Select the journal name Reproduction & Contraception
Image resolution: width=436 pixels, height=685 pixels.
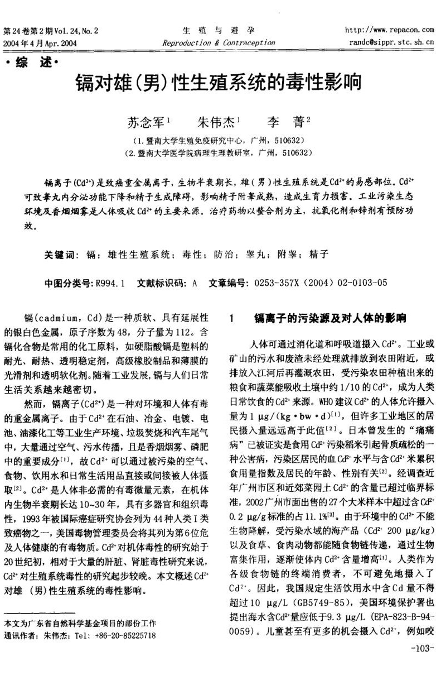tap(219, 42)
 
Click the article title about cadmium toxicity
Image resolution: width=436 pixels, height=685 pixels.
tap(219, 83)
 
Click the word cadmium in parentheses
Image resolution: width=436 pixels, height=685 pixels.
tap(61, 318)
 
